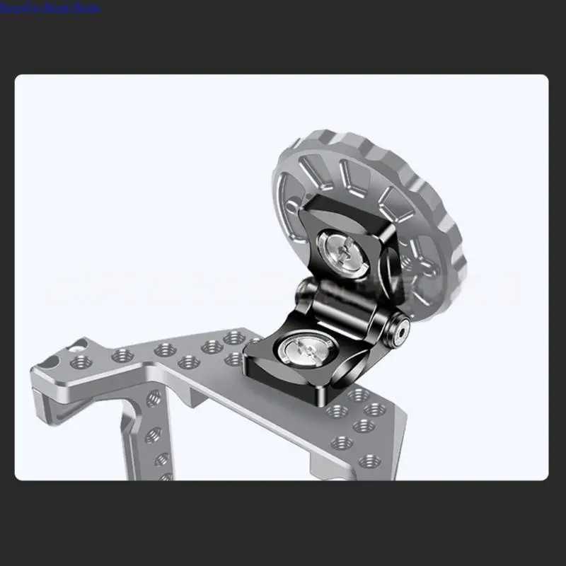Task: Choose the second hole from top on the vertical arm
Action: [151, 432]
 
